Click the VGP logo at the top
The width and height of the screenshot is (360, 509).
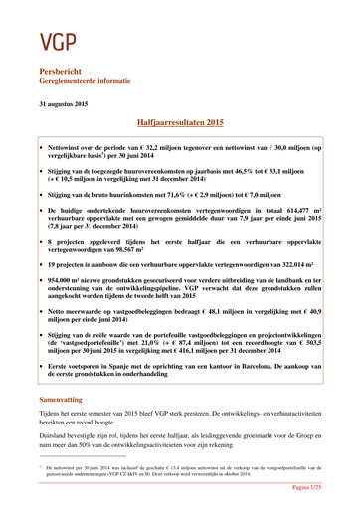(59, 40)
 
